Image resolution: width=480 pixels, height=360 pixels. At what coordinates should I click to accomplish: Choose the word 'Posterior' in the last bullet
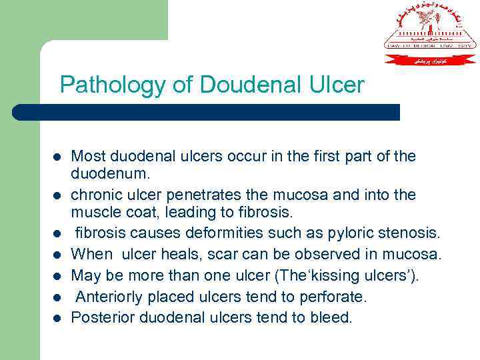coord(101,317)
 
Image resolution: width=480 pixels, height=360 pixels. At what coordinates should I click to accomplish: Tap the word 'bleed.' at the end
coord(331,317)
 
